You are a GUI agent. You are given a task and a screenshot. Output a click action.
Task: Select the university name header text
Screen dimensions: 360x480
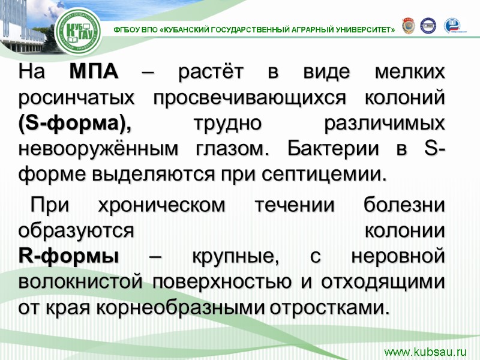pos(254,29)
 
